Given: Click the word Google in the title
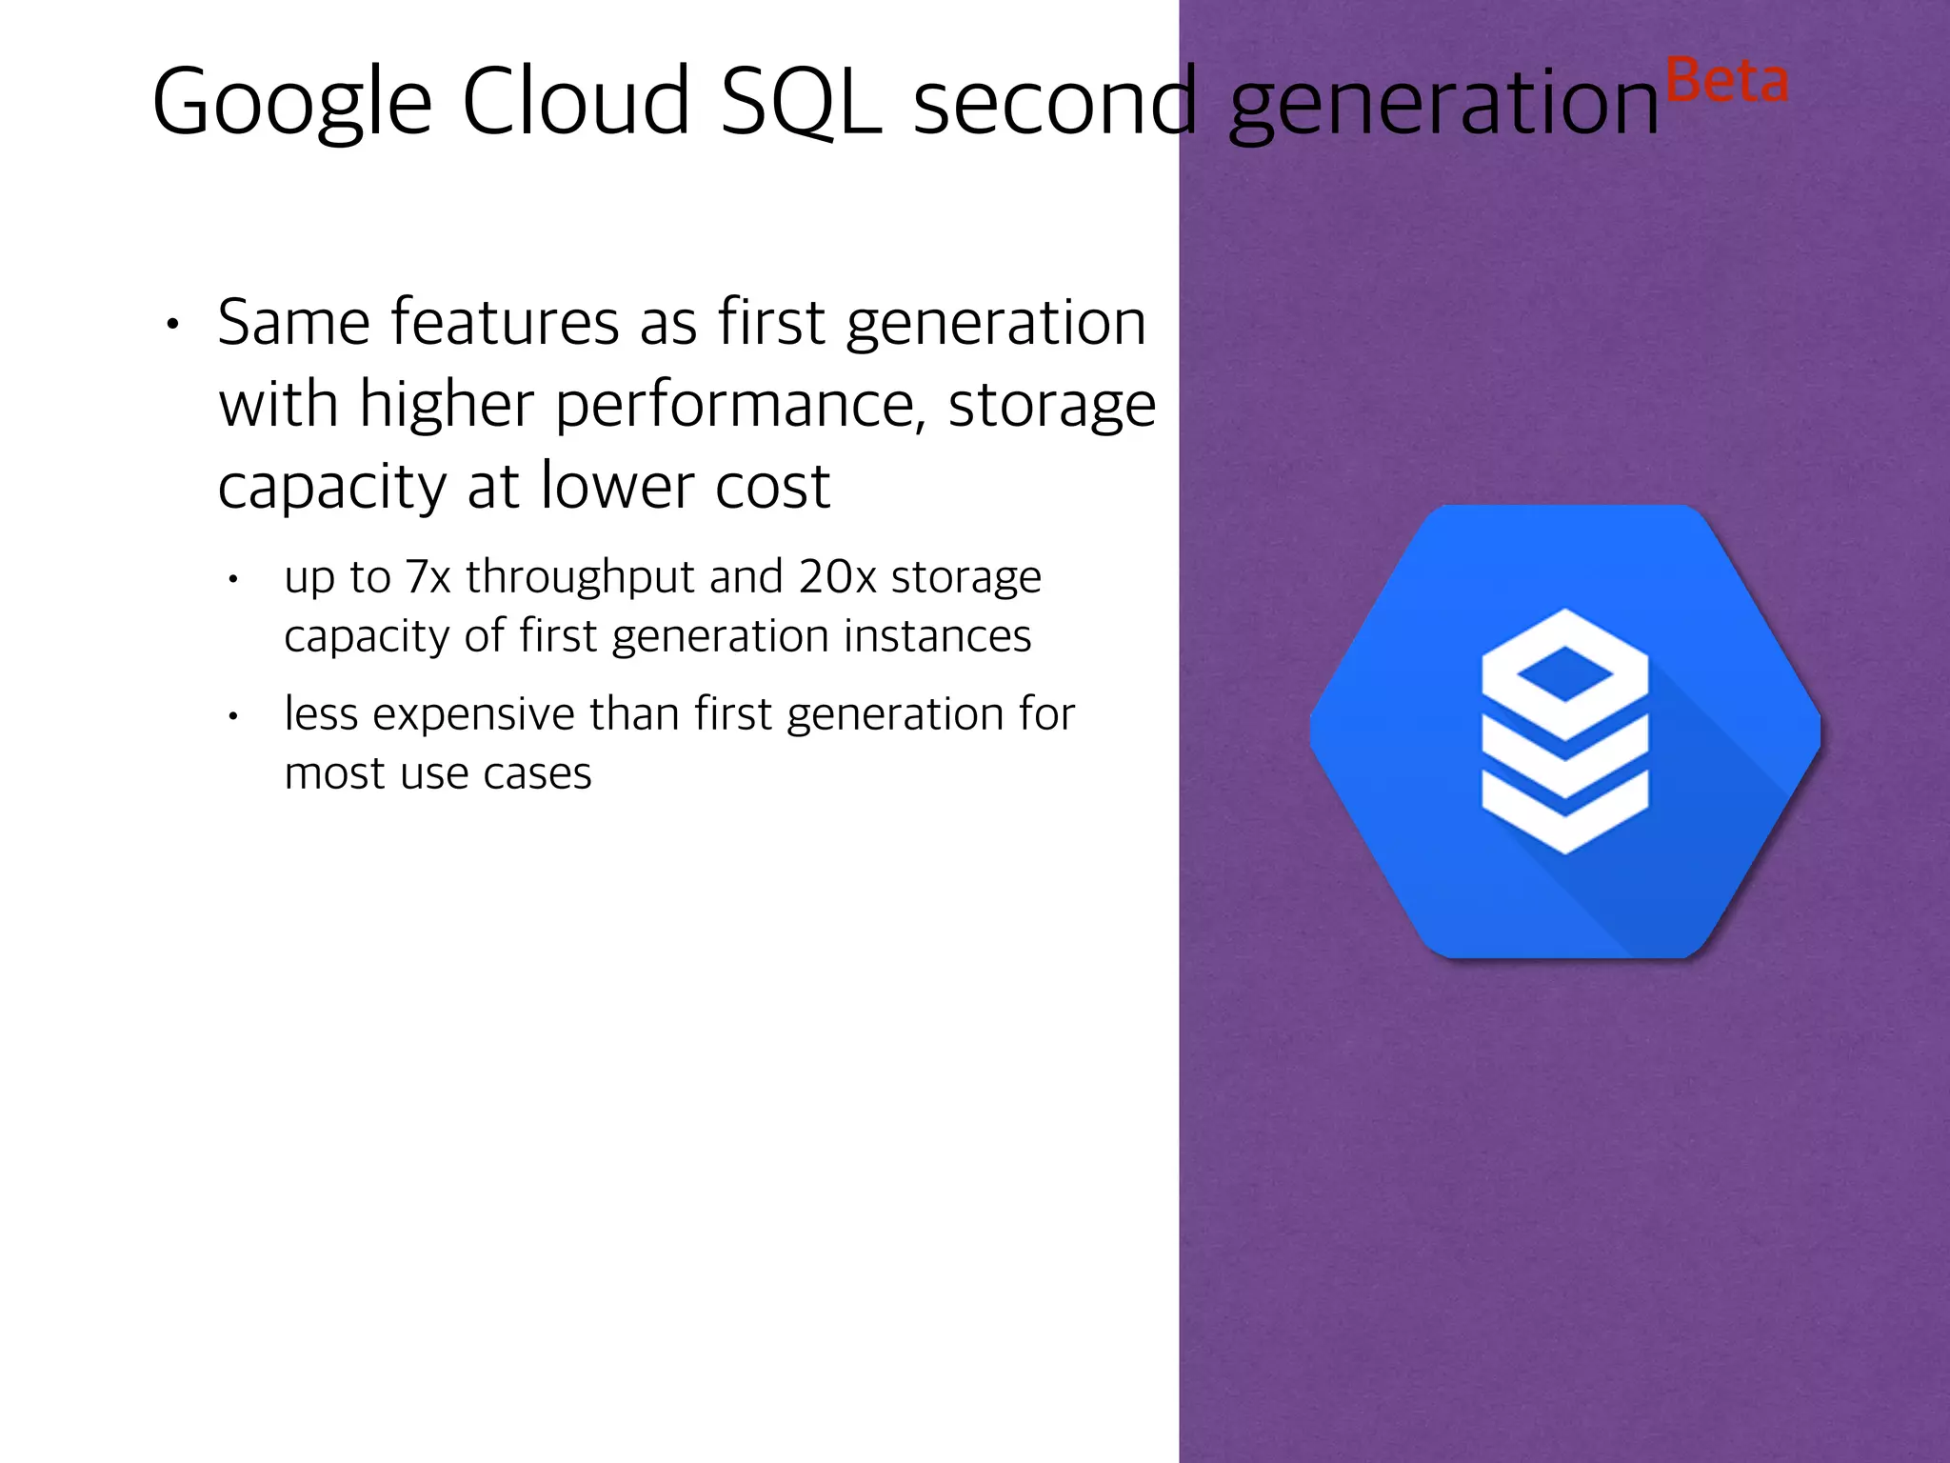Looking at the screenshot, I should (x=291, y=103).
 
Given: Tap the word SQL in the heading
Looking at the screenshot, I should (x=800, y=103).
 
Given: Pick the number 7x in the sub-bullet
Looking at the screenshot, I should (x=428, y=577).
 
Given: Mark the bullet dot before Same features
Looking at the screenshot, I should (x=172, y=325).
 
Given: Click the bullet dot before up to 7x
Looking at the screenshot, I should (x=233, y=579).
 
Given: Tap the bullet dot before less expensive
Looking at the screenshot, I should (x=233, y=716).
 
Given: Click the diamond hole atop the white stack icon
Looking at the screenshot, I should (x=1564, y=674).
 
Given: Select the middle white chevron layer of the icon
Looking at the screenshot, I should (x=1564, y=762).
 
